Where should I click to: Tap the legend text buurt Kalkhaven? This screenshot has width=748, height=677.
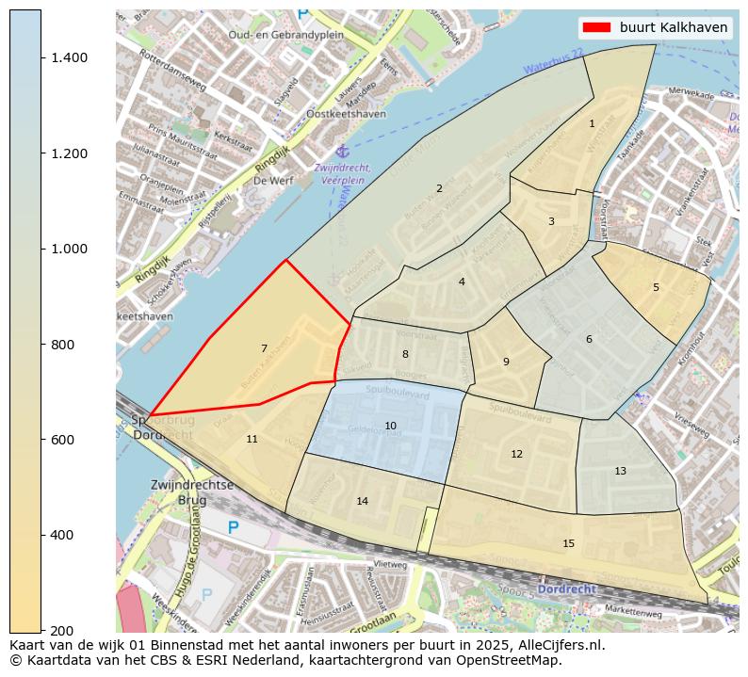(x=673, y=27)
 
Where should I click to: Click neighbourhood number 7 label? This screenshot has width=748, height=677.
(x=264, y=348)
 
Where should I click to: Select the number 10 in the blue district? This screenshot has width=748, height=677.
(x=390, y=426)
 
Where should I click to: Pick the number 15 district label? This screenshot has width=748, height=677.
(x=568, y=543)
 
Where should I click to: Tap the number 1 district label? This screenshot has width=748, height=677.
(x=592, y=123)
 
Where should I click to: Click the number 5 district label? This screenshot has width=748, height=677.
(x=656, y=287)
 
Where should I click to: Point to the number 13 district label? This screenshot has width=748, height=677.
(x=620, y=471)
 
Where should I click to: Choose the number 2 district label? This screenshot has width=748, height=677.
(x=439, y=188)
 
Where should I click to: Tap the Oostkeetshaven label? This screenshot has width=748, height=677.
(x=346, y=113)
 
